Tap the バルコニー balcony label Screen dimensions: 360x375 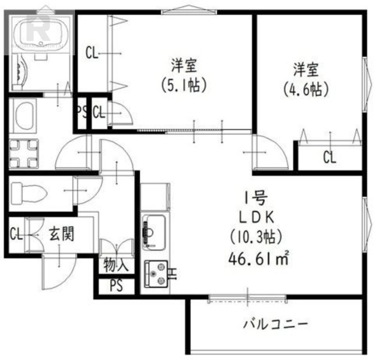(x=275, y=323)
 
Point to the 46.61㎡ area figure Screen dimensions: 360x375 (x=258, y=257)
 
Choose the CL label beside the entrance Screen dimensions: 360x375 (x=16, y=233)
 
